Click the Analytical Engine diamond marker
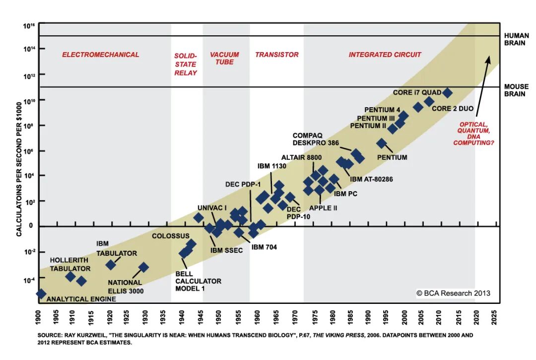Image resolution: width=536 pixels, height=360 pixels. (41, 294)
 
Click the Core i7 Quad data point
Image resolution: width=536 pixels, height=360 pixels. (447, 93)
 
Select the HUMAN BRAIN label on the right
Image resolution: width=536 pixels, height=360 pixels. (517, 39)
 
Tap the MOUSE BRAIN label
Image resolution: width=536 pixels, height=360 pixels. (517, 90)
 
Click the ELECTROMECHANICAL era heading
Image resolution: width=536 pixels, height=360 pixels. (100, 55)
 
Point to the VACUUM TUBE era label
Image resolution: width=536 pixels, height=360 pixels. (224, 58)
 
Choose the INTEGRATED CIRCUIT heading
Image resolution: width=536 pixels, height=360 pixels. (385, 55)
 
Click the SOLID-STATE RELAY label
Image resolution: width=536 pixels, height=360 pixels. (185, 64)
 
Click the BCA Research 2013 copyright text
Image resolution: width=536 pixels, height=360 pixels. (453, 293)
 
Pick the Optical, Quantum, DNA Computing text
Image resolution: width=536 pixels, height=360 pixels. (476, 134)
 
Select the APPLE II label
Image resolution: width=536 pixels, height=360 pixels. (323, 208)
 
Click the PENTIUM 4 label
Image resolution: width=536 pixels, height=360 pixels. (382, 110)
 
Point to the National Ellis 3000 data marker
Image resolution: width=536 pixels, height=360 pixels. (143, 267)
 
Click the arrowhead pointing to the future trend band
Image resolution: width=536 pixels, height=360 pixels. (488, 60)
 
